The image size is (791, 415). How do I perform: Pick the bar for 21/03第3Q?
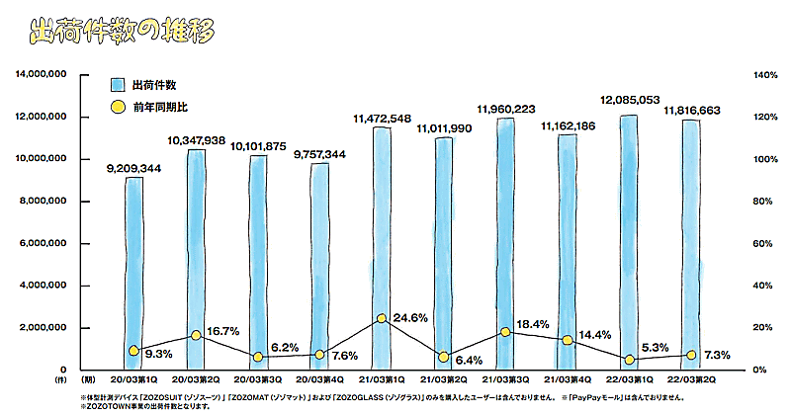505,242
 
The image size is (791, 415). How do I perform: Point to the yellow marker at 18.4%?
505,332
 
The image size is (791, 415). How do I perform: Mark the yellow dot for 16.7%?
195,336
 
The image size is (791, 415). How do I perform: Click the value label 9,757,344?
319,154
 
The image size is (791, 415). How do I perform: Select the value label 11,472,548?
381,119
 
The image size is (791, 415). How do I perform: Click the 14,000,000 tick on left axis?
41,75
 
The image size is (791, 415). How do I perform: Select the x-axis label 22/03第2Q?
690,378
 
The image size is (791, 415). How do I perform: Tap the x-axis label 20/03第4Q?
318,378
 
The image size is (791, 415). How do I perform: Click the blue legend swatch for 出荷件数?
117,84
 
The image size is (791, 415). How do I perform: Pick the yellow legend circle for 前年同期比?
117,106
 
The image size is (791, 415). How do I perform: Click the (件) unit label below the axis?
59,378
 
